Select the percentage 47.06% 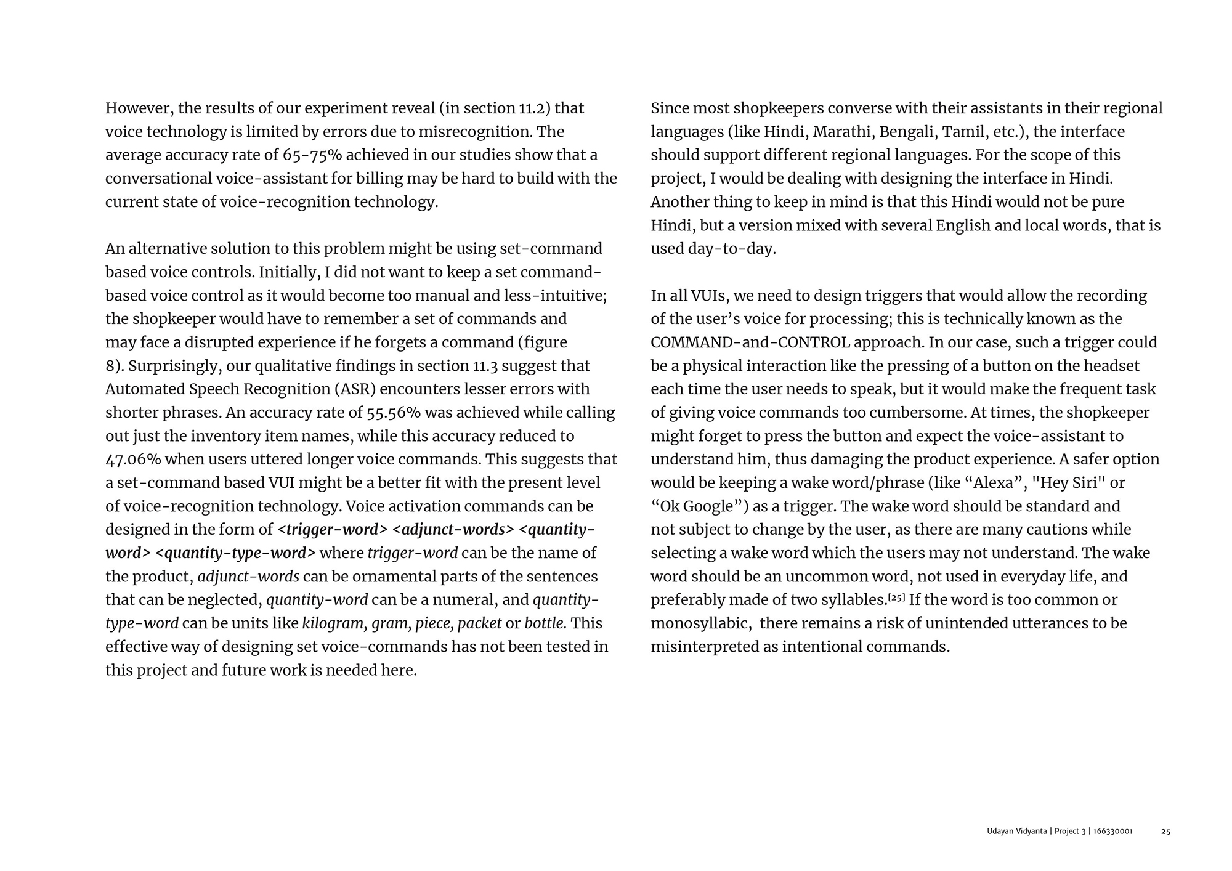click(133, 460)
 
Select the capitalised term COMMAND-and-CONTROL click(750, 342)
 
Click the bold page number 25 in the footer click(1165, 832)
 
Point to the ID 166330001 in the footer click(1113, 832)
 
